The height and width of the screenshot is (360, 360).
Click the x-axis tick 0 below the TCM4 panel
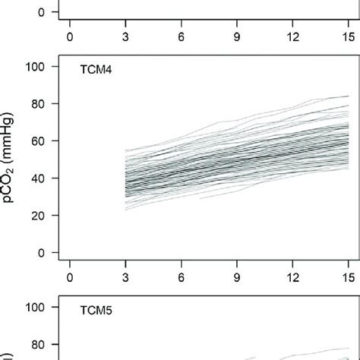(69, 278)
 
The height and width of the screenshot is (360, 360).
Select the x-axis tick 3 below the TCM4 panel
(125, 278)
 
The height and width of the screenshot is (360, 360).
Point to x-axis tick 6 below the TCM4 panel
(181, 278)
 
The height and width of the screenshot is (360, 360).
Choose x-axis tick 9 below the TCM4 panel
(236, 278)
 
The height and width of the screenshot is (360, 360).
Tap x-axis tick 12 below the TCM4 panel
(292, 278)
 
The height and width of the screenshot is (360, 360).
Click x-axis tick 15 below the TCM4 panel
(348, 278)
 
